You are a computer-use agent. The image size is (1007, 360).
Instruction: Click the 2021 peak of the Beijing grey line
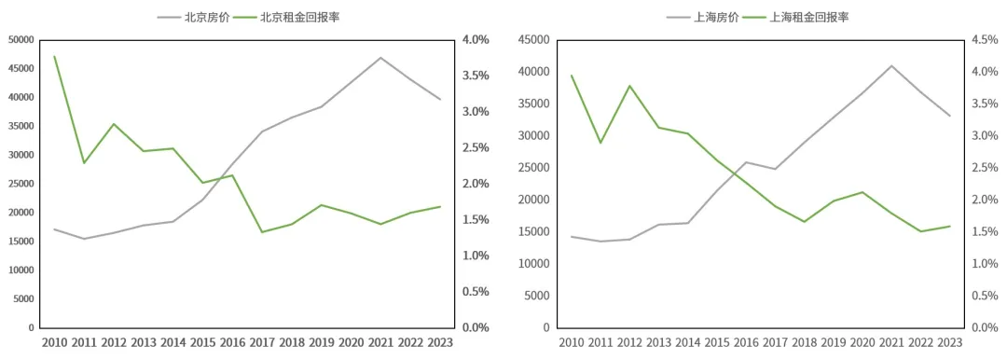point(380,58)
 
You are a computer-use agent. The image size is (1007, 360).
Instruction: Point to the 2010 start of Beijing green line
point(55,57)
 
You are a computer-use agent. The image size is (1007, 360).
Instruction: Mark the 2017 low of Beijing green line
point(262,232)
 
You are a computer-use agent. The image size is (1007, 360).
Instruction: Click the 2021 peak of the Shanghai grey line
point(890,65)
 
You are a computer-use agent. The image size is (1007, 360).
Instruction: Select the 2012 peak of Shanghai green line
point(630,86)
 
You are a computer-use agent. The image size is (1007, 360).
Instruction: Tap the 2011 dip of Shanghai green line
point(600,143)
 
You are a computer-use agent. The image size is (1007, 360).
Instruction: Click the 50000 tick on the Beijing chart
point(21,40)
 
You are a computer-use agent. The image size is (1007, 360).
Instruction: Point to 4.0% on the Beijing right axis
point(476,40)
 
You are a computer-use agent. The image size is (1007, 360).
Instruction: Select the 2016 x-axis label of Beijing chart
point(232,342)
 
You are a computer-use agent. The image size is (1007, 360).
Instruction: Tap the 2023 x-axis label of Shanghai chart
point(949,342)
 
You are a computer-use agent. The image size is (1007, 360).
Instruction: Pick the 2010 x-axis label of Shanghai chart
point(572,342)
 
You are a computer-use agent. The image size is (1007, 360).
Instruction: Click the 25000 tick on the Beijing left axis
point(21,184)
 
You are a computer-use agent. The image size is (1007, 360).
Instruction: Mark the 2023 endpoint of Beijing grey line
point(440,99)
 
